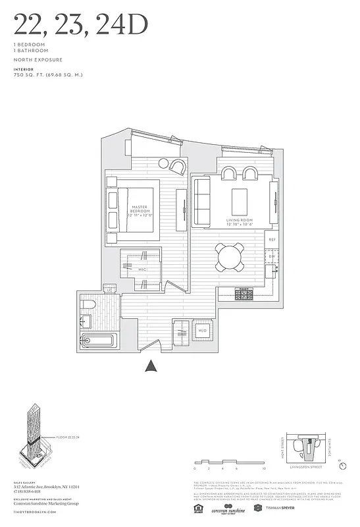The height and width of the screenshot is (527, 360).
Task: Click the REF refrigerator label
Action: (x=272, y=240)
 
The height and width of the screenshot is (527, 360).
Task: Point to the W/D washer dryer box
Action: (x=201, y=331)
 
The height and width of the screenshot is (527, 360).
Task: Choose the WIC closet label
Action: (x=142, y=269)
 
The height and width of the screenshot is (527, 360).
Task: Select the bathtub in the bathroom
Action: (x=98, y=343)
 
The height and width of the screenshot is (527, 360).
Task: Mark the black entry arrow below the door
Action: (x=151, y=366)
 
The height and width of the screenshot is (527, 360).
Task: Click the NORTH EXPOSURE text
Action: (x=38, y=59)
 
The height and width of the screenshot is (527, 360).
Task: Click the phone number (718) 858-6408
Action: (x=28, y=496)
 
